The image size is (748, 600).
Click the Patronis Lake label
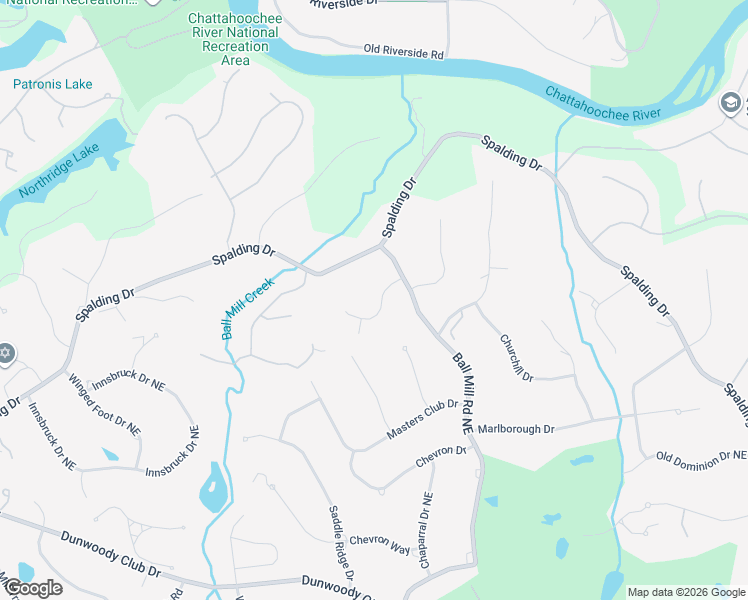[53, 84]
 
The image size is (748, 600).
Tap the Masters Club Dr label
[422, 420]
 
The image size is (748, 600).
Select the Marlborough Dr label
[515, 429]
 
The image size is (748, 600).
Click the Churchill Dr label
[518, 356]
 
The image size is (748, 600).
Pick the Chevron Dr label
[441, 457]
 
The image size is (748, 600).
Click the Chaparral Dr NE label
[425, 531]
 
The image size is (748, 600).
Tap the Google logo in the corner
[32, 588]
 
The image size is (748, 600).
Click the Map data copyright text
[685, 592]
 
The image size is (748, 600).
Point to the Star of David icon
[5, 353]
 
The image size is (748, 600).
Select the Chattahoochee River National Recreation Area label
[234, 39]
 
